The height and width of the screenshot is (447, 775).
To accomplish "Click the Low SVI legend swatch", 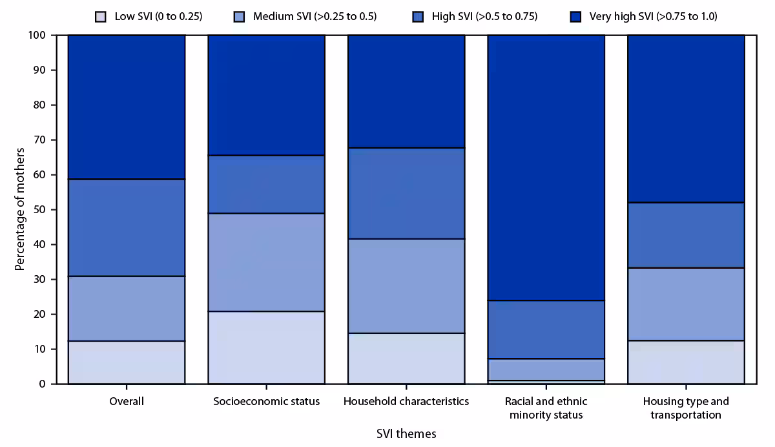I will [100, 16].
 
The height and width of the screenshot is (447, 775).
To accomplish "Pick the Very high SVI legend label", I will [653, 16].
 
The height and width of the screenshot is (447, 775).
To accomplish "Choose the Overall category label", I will [127, 402].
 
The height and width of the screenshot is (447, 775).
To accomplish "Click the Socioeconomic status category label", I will [266, 402].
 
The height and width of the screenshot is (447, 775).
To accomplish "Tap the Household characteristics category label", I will [406, 402].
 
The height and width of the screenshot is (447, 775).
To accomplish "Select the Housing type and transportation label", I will [686, 408].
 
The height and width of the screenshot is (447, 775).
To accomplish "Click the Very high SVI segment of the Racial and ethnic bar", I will [546, 168].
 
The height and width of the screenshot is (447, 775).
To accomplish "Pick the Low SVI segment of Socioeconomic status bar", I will [266, 348].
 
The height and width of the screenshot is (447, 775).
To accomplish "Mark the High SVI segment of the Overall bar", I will [127, 227].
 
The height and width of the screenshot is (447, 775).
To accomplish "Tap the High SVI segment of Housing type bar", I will [686, 235].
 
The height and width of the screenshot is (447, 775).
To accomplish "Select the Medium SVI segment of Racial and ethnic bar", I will [546, 369].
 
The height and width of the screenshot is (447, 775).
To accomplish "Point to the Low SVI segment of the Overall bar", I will [127, 362].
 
